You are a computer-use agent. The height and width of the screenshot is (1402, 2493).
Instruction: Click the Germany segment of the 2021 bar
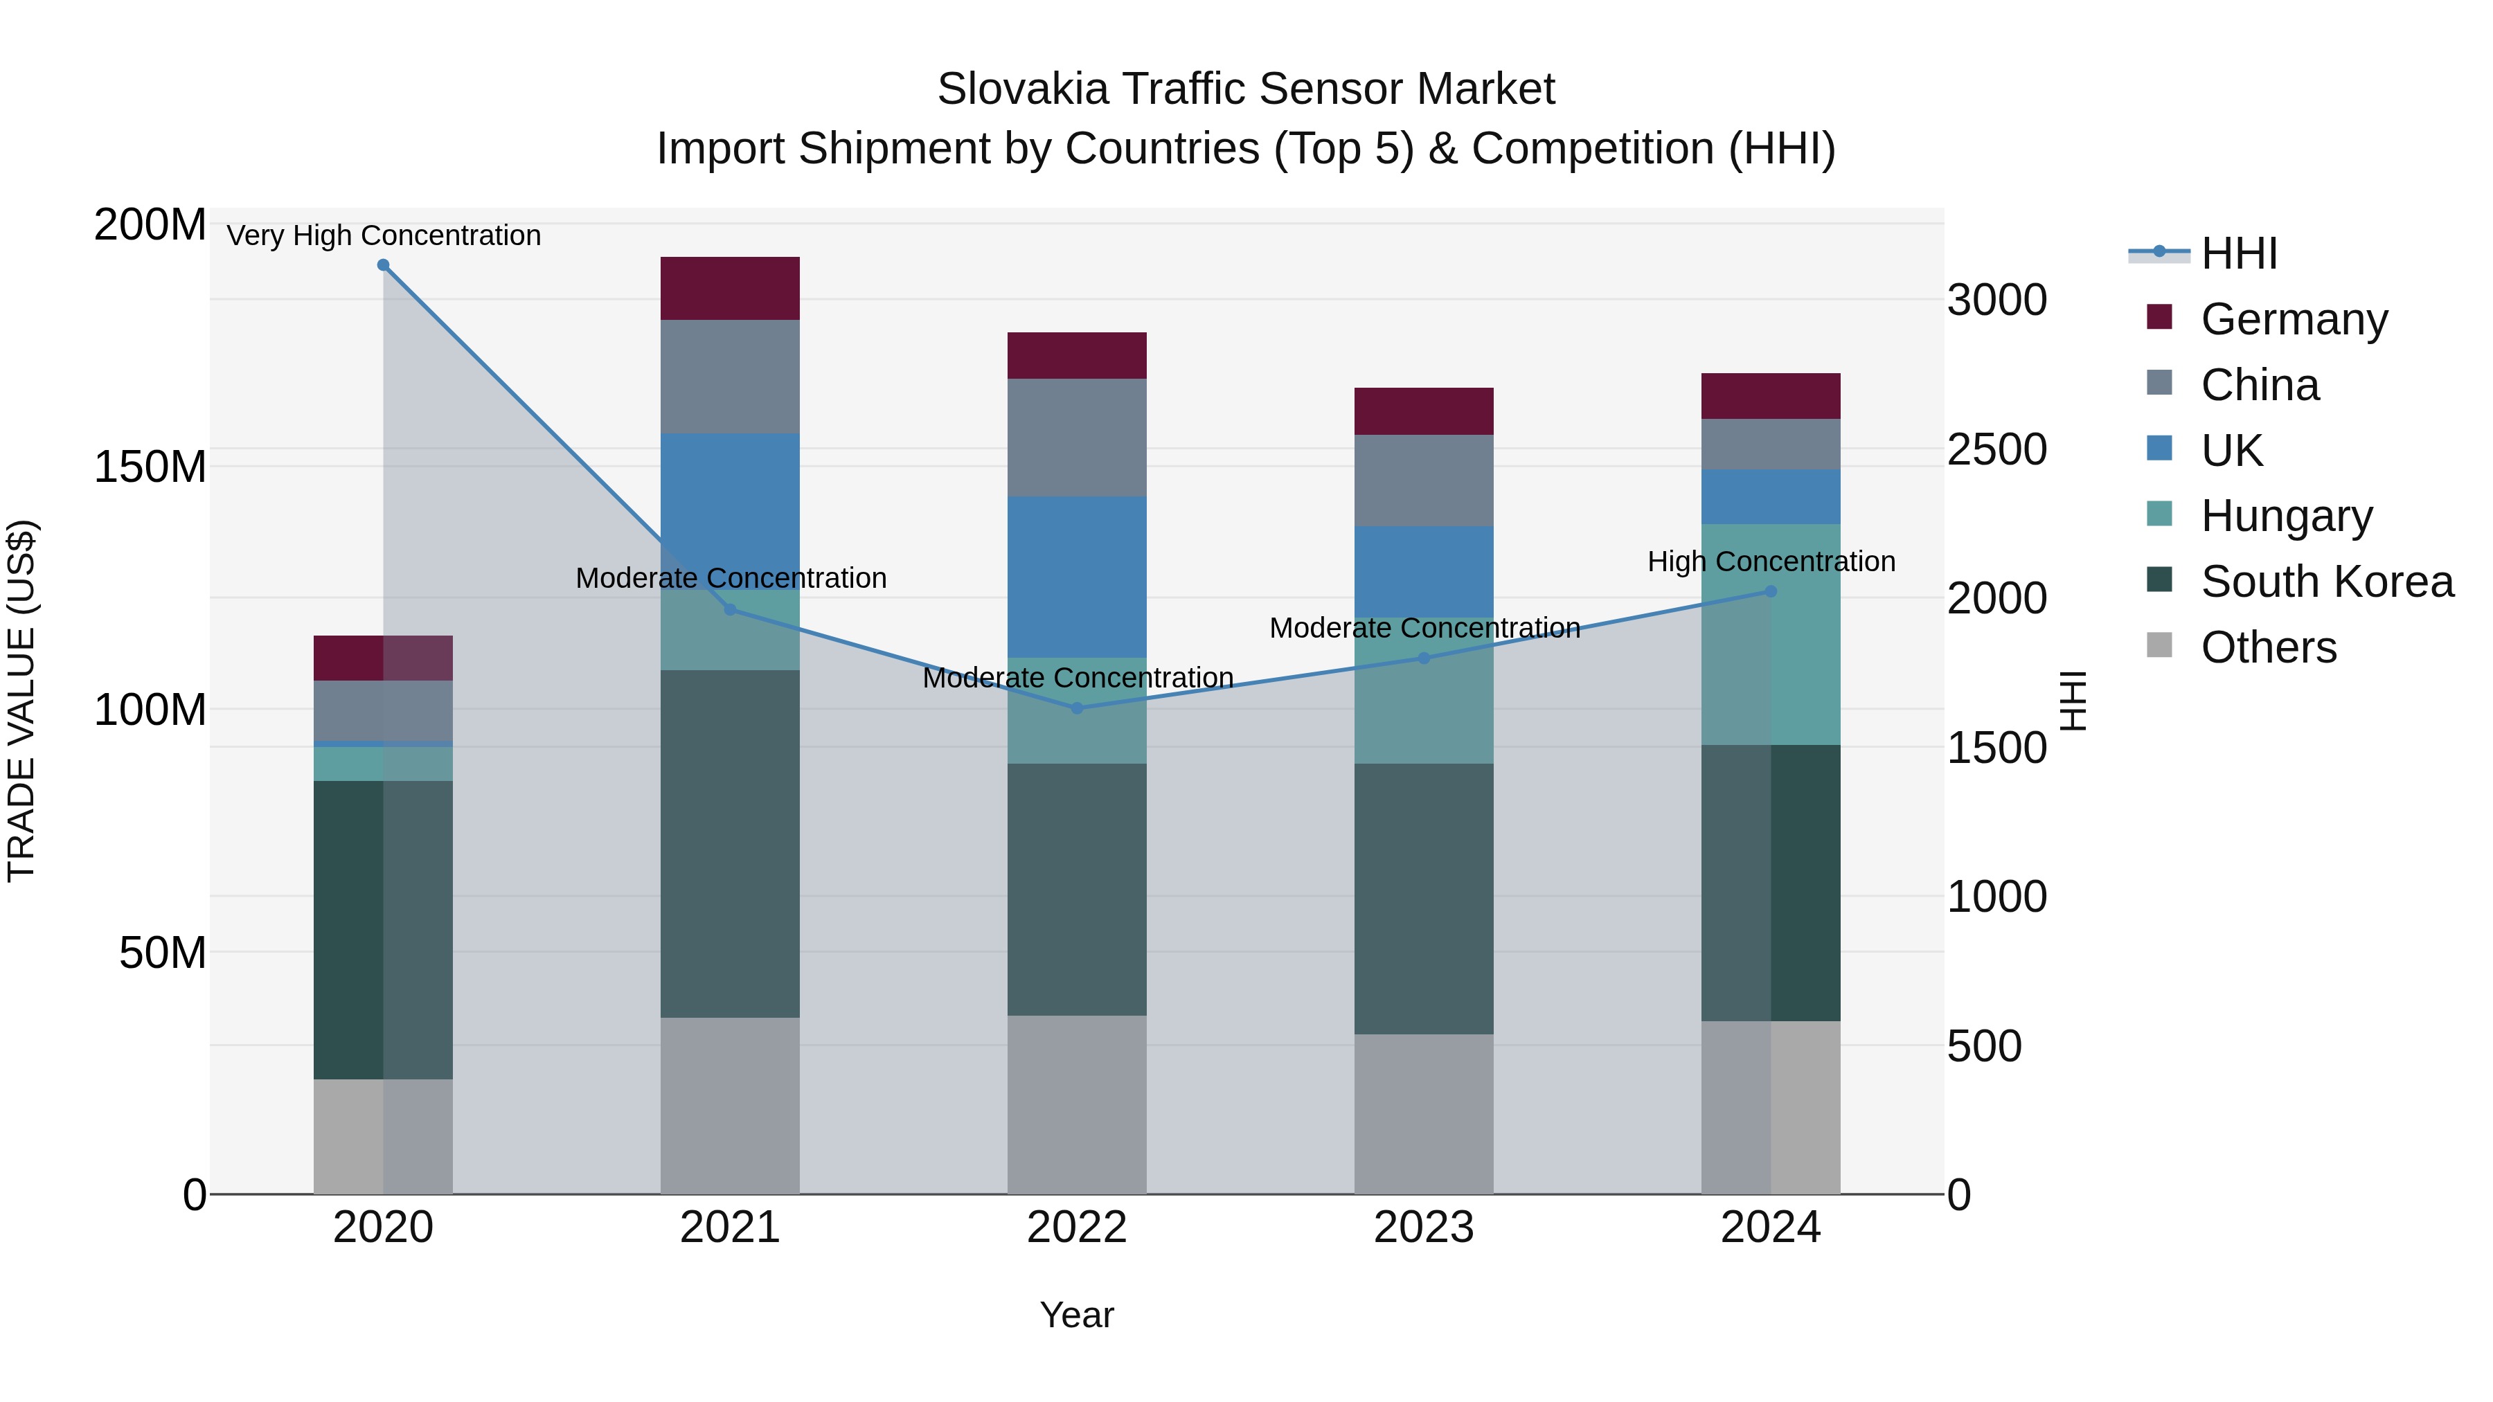(730, 287)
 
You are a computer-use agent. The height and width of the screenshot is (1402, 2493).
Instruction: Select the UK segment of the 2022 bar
(1076, 577)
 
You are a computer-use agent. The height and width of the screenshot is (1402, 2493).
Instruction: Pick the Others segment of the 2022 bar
(1076, 1104)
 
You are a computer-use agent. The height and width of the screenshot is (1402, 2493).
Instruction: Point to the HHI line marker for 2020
(383, 265)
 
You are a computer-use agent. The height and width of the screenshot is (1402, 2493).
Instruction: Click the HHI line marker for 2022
(1077, 708)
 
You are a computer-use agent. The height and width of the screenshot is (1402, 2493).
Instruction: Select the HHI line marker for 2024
(1771, 591)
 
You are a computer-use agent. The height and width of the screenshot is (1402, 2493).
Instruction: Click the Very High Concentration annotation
(383, 235)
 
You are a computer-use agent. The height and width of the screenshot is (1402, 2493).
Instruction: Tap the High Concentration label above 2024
(1771, 561)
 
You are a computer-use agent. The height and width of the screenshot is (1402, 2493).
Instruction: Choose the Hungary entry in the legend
(2286, 516)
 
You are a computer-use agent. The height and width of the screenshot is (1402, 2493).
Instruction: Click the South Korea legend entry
(2327, 582)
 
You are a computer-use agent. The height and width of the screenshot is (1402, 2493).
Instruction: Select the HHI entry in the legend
(2237, 253)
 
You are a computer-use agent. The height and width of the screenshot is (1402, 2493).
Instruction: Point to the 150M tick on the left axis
(150, 467)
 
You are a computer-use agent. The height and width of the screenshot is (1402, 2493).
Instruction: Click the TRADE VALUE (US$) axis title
(21, 701)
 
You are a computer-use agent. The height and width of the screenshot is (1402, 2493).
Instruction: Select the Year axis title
(1076, 1315)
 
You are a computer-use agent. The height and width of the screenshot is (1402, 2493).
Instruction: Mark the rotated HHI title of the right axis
(2073, 701)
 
